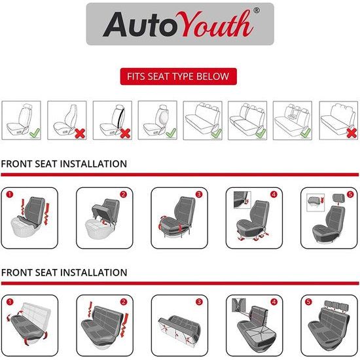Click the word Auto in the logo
tap(137, 25)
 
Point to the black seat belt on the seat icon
tap(118, 119)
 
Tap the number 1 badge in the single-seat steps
tap(10, 194)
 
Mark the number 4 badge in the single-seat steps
tap(274, 194)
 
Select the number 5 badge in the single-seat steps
tap(350, 194)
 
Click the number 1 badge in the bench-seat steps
tap(9, 302)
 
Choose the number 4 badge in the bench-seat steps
tap(274, 302)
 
